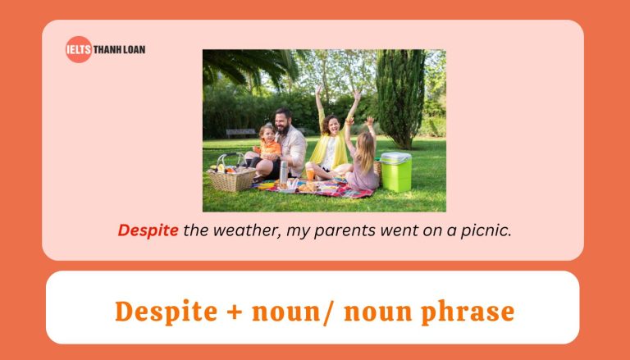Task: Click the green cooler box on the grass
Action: click(395, 171)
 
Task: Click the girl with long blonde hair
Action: click(364, 161)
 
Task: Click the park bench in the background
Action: click(240, 132)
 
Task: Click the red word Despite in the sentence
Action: click(148, 230)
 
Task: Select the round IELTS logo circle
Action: click(79, 49)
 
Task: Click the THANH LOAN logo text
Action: click(120, 49)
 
